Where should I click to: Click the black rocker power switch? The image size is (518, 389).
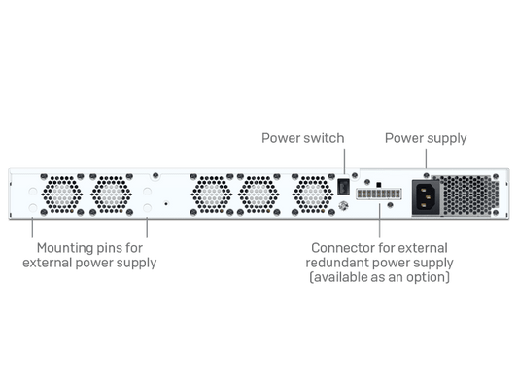pyautogui.click(x=343, y=187)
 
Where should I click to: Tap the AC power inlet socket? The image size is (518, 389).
pyautogui.click(x=426, y=197)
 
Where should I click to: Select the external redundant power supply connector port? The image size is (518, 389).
pyautogui.click(x=379, y=194)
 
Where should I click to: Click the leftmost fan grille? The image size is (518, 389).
pyautogui.click(x=62, y=194)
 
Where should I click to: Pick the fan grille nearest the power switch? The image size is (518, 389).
pyautogui.click(x=313, y=194)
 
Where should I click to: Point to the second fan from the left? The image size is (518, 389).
pyautogui.click(x=111, y=194)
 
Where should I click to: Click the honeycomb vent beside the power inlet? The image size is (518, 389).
pyautogui.click(x=469, y=195)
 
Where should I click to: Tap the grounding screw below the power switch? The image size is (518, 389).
pyautogui.click(x=344, y=206)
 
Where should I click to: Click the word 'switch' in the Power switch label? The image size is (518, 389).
pyautogui.click(x=326, y=138)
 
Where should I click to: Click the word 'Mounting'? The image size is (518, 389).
pyautogui.click(x=61, y=248)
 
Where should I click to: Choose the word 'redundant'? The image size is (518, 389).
pyautogui.click(x=337, y=263)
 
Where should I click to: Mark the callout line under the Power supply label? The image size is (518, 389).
pyautogui.click(x=426, y=159)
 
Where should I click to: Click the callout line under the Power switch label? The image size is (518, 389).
pyautogui.click(x=345, y=161)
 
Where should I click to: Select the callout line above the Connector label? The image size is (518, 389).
pyautogui.click(x=380, y=221)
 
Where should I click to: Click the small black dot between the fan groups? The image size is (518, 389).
pyautogui.click(x=166, y=204)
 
